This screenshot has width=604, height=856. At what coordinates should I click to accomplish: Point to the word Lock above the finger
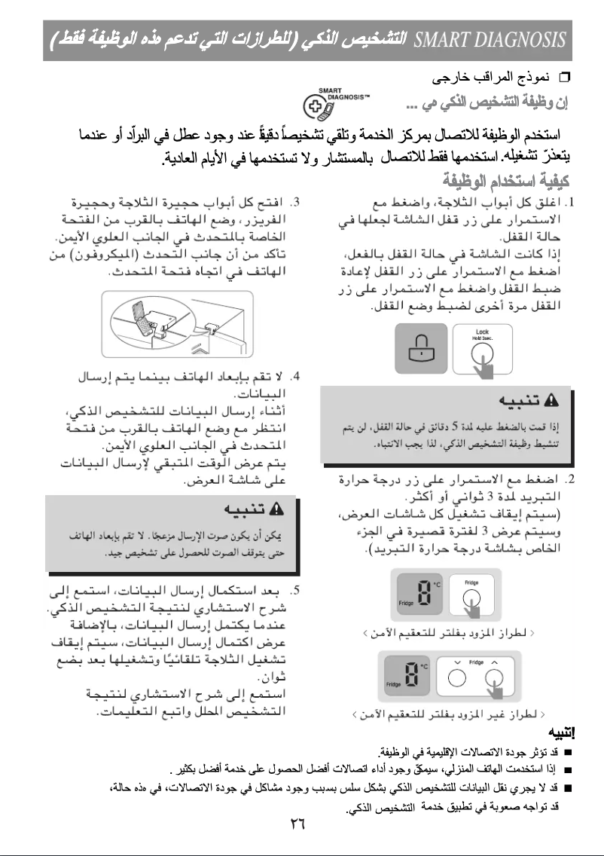(x=482, y=331)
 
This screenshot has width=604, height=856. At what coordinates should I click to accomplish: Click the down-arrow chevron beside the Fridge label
(x=457, y=662)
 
